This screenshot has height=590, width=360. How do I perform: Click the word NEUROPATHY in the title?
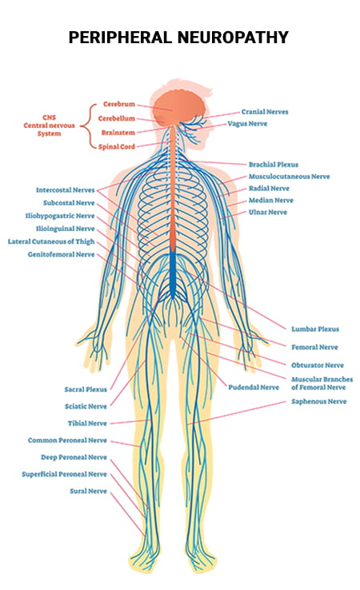(232, 38)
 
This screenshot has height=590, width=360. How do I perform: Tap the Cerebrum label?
(119, 104)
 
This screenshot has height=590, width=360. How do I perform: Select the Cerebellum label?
(116, 118)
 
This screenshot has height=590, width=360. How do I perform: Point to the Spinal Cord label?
(116, 147)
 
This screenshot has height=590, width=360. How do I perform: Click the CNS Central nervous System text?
(49, 126)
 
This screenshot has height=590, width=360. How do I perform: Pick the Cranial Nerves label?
(265, 112)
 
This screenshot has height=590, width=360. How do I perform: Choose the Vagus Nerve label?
(247, 124)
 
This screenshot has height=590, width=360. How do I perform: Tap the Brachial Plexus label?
(274, 165)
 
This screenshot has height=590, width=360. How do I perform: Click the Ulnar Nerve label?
(268, 212)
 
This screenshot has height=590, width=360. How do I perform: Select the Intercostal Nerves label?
(65, 190)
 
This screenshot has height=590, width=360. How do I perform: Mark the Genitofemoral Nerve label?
(61, 254)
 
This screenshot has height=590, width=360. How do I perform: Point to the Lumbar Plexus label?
(315, 329)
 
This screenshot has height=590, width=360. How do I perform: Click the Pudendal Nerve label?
(254, 387)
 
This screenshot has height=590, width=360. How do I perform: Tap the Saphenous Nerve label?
(319, 401)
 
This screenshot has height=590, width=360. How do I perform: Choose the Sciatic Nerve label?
(86, 406)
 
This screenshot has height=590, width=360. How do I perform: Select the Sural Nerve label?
(89, 491)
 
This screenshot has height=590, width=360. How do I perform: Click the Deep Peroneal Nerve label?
(74, 457)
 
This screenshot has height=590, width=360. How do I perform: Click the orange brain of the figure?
(180, 106)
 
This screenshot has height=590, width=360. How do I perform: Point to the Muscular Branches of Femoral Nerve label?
(322, 384)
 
